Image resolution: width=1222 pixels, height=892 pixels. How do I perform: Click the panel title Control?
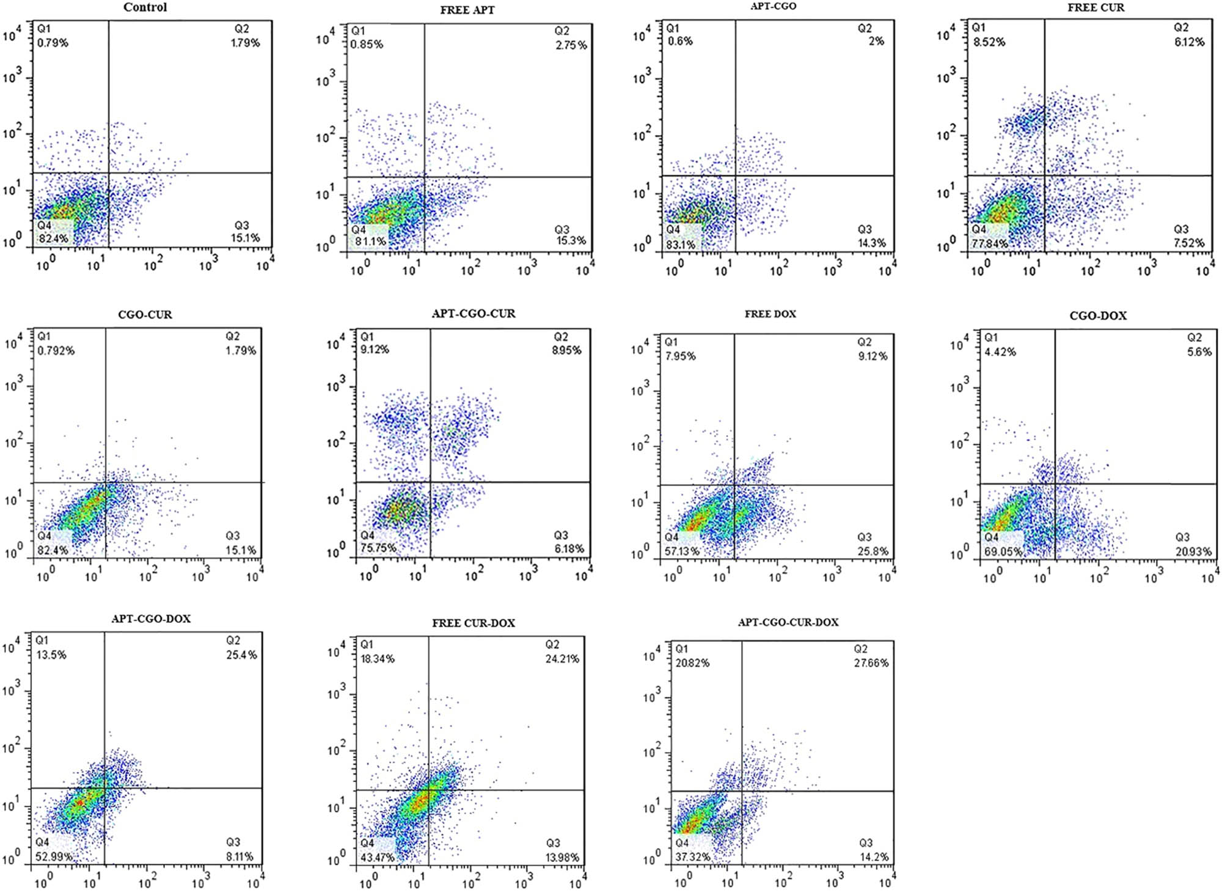click(x=145, y=7)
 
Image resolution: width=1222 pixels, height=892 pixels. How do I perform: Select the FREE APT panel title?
click(x=467, y=10)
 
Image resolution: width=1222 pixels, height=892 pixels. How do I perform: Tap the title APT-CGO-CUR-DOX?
click(x=788, y=622)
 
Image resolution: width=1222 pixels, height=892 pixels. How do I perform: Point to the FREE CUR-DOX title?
click(x=474, y=623)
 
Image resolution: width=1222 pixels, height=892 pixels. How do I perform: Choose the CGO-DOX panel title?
click(x=1098, y=316)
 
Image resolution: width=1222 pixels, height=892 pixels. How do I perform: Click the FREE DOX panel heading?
click(x=770, y=314)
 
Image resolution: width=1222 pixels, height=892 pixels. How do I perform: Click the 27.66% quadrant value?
click(x=871, y=663)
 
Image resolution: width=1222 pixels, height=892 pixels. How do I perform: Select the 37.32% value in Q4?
click(x=692, y=857)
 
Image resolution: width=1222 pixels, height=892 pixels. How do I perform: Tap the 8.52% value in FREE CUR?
click(x=989, y=42)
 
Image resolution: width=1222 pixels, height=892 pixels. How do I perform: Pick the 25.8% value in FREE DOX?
click(x=873, y=551)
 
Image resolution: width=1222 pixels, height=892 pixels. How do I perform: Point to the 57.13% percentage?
click(x=682, y=551)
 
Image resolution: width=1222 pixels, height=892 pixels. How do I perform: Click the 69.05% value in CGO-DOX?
click(x=1003, y=551)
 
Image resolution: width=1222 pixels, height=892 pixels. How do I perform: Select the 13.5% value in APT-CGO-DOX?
click(x=51, y=655)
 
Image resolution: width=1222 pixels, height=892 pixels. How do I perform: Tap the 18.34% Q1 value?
click(x=378, y=658)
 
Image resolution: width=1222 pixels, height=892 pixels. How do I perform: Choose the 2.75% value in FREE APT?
click(x=571, y=45)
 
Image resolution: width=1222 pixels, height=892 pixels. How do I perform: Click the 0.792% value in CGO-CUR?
click(x=56, y=350)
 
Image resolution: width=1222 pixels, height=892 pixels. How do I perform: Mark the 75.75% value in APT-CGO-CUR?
click(x=378, y=548)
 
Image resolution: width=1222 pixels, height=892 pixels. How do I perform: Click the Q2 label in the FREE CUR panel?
click(x=1181, y=28)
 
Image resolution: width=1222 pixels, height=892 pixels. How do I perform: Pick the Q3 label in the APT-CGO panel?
click(x=865, y=229)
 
